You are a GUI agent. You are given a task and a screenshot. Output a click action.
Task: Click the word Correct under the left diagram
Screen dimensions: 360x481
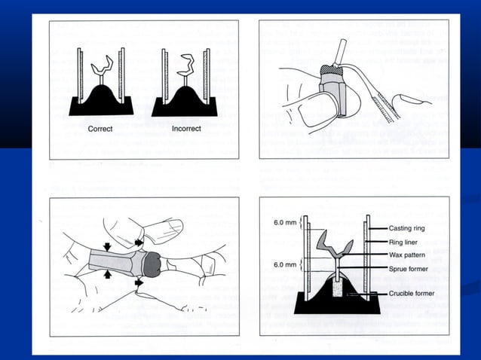pos(100,129)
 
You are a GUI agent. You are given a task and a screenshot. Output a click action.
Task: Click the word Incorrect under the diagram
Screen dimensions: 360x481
pos(186,129)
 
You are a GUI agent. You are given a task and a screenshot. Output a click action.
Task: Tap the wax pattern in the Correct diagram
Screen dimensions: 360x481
pos(102,69)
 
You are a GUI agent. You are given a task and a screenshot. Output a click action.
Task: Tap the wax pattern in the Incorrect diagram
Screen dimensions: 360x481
pos(184,66)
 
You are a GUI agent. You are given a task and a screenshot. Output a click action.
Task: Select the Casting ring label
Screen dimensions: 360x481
pos(409,228)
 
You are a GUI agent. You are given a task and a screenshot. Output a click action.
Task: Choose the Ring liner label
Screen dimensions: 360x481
pos(406,243)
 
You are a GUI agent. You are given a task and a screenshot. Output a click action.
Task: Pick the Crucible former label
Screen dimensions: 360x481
pos(413,292)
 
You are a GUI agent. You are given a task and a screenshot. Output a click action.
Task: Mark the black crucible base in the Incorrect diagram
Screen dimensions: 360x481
pos(184,103)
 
